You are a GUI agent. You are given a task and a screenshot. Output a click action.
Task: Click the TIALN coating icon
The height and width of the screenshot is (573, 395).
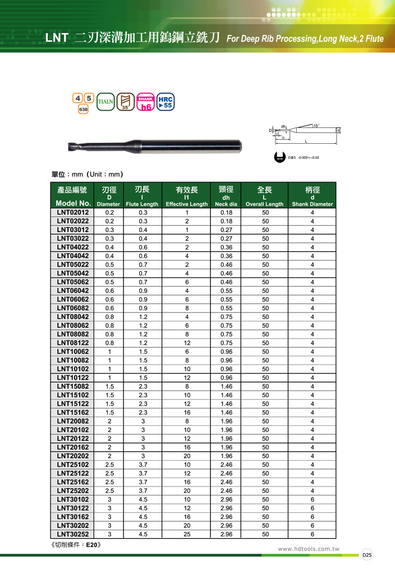[106, 102]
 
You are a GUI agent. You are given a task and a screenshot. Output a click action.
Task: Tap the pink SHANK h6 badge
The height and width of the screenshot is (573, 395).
[146, 102]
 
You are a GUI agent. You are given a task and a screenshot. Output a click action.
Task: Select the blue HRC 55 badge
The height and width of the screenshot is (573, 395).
[166, 102]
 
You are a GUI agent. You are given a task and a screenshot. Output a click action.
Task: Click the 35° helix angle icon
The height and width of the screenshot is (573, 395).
[126, 102]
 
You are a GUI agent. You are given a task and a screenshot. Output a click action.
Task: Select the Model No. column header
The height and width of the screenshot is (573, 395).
[74, 203]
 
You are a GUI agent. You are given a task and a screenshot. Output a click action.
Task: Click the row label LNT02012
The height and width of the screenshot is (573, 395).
[74, 212]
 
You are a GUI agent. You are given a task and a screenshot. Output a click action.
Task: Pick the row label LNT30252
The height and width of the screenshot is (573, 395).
[74, 534]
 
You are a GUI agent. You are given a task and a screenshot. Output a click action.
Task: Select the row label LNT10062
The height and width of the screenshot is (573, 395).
[74, 352]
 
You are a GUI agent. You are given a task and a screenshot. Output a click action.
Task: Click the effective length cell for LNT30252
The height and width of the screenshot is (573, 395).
[187, 534]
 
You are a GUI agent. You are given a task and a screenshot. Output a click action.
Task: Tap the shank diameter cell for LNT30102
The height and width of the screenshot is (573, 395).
[313, 499]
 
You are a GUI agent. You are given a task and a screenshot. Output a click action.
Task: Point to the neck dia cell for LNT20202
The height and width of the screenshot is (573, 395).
[226, 456]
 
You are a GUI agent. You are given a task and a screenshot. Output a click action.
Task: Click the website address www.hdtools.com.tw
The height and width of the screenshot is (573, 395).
[309, 549]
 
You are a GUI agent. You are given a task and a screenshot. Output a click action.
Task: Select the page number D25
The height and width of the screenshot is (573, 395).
[366, 555]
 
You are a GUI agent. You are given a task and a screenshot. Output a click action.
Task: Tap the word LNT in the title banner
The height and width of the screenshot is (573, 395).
[57, 38]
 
